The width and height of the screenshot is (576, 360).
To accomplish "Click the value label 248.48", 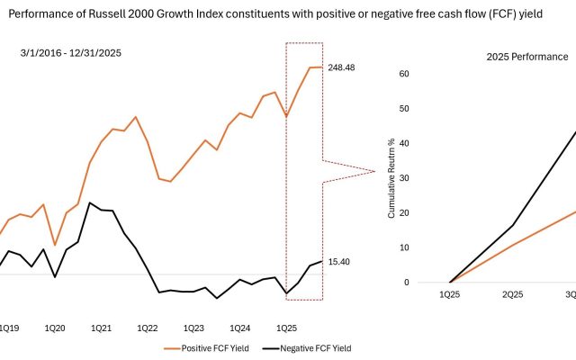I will pos(345,67).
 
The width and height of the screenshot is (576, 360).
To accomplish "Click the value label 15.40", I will pos(338,261).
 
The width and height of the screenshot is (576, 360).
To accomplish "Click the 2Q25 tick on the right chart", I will pos(513,294).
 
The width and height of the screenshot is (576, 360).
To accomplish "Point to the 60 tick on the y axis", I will pos(404,74).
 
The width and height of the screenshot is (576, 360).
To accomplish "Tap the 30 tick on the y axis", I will pos(404,178).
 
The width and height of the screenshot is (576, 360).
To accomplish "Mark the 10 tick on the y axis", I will pos(404,247).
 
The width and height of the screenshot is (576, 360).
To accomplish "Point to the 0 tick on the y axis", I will pos(407,282).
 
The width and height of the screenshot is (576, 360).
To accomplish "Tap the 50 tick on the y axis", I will pos(404,109).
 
